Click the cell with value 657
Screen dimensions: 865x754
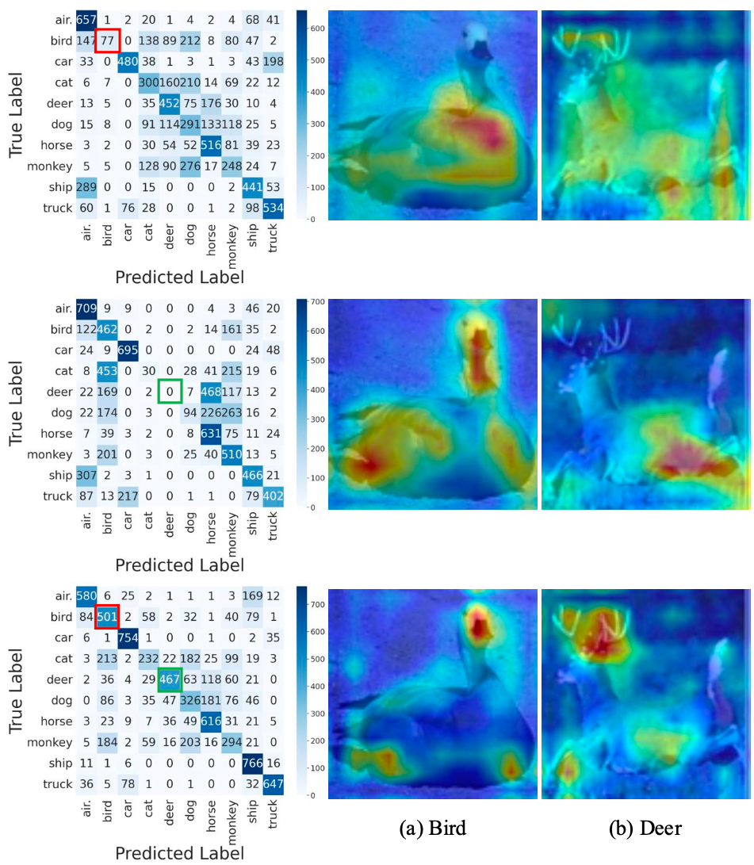click(x=86, y=20)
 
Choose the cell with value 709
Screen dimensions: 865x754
click(x=86, y=306)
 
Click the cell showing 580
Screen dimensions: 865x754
click(x=86, y=595)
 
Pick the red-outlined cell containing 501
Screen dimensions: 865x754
click(x=107, y=616)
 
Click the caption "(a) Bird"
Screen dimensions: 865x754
click(x=431, y=829)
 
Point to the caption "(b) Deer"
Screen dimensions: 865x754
click(x=645, y=829)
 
